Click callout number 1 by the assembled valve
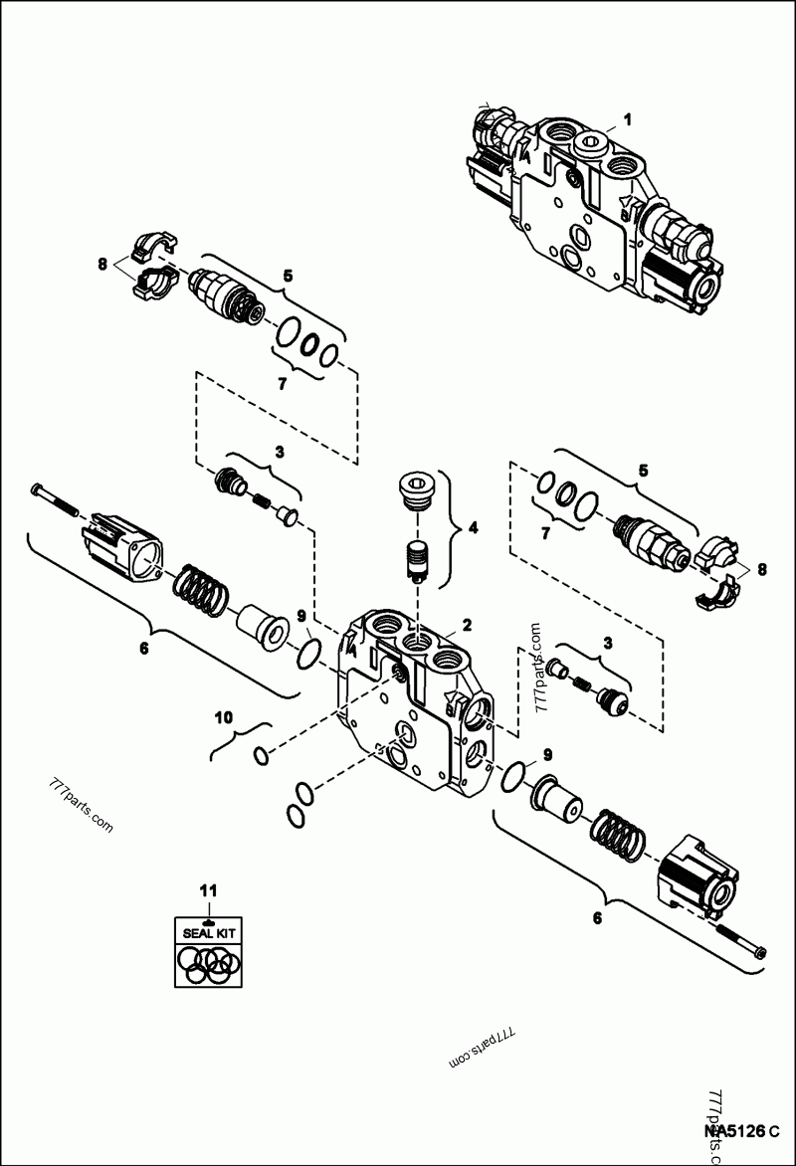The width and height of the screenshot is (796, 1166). point(627,119)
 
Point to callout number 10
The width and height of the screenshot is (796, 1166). point(225,715)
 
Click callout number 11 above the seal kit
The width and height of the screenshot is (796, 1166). point(208,889)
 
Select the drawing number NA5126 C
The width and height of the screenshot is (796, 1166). point(740,1130)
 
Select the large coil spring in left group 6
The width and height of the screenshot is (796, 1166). point(201,590)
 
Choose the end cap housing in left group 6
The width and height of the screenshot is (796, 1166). point(123,543)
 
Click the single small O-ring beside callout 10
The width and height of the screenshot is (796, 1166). point(261,756)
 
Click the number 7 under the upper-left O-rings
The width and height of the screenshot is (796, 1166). point(282,383)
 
